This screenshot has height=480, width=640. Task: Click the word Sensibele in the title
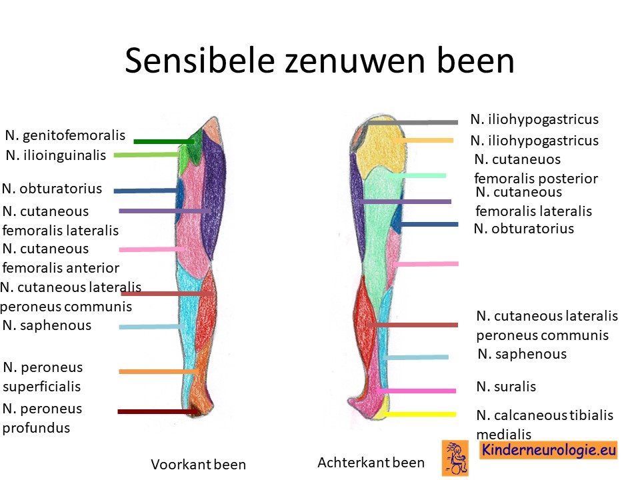(x=199, y=61)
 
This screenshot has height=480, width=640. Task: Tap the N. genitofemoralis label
(x=65, y=135)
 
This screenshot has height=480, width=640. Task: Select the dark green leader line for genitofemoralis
(x=164, y=141)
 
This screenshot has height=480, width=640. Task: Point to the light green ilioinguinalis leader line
(x=147, y=155)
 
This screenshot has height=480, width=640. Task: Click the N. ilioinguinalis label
(x=56, y=155)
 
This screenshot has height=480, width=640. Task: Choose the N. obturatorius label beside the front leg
(x=52, y=189)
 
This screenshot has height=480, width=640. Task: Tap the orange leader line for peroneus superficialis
(x=159, y=371)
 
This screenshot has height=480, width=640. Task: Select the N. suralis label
(x=506, y=387)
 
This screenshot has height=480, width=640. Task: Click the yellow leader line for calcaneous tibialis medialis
(x=419, y=414)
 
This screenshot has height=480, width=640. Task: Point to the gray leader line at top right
(x=412, y=122)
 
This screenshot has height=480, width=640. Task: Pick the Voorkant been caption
(x=199, y=465)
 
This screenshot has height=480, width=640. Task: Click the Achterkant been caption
(x=371, y=463)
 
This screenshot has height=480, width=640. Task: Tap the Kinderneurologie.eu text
(x=549, y=450)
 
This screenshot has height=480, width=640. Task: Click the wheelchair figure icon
(x=455, y=457)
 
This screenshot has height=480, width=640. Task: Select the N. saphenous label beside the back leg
(x=522, y=354)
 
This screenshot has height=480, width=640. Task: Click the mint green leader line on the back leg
(x=416, y=176)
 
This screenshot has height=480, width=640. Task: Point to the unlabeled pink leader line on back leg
(x=426, y=264)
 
